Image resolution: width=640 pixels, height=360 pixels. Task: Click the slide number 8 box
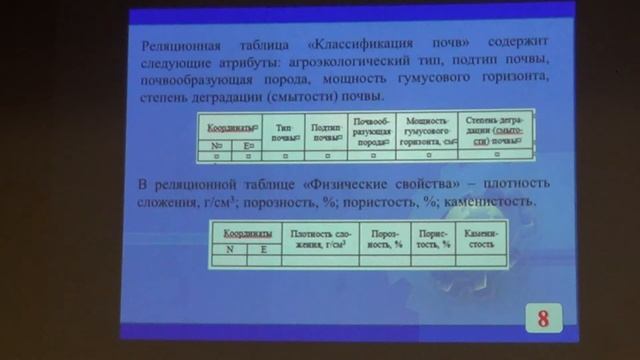[543, 319]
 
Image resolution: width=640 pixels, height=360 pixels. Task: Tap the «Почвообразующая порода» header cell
[369, 133]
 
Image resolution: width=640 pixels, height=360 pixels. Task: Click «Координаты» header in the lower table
[245, 233]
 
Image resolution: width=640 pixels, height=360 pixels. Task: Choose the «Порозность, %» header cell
[385, 239]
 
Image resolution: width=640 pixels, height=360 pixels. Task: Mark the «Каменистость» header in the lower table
[481, 239]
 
